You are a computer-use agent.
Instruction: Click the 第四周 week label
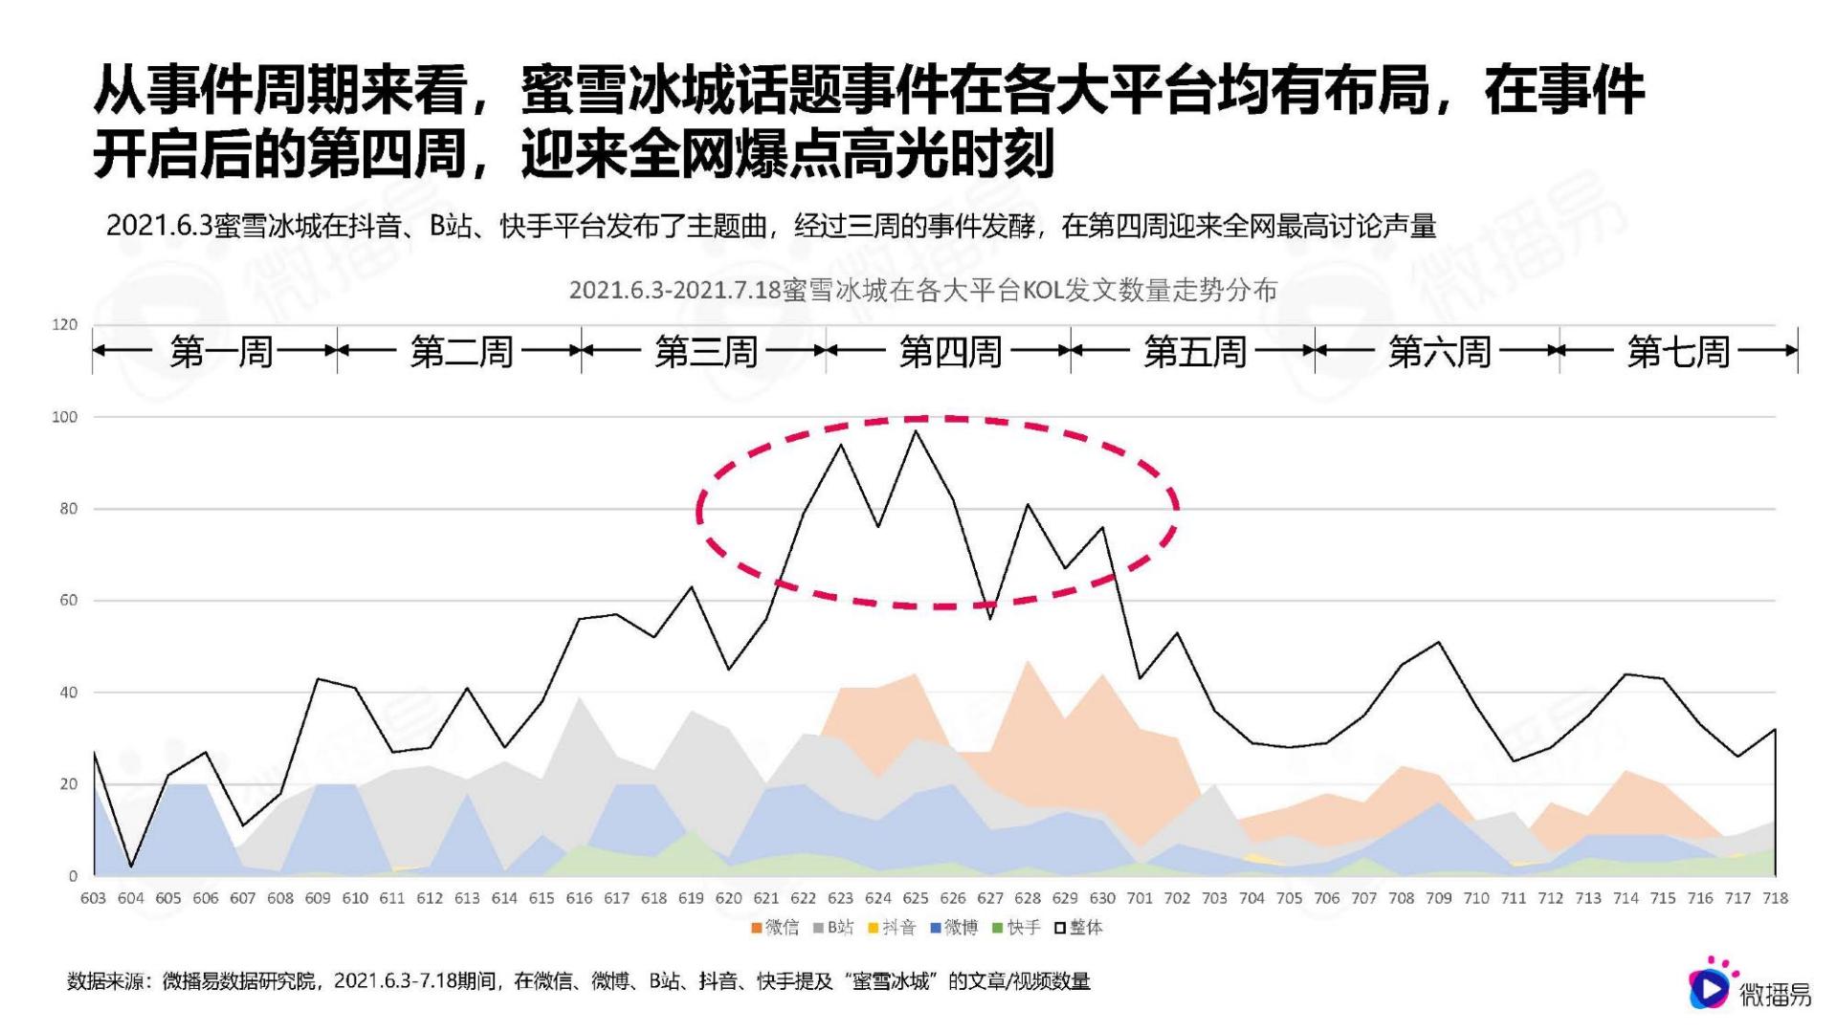pos(950,352)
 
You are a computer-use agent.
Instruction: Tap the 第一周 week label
pos(221,352)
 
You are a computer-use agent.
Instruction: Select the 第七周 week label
pos(1678,352)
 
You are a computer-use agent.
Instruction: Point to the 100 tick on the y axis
pos(65,417)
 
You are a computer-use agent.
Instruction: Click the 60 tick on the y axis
pos(68,601)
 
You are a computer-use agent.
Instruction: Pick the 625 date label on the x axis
pos(916,898)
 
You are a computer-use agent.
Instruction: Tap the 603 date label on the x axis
pos(94,898)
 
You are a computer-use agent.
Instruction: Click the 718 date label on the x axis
pos(1775,898)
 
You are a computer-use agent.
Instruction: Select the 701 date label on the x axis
pos(1140,898)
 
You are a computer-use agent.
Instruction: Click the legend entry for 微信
pos(776,927)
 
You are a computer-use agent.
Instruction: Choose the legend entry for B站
pos(834,927)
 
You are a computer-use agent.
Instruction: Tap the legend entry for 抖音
pos(893,927)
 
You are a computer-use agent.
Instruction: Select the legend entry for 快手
pos(1017,927)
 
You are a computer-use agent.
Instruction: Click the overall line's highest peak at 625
pos(916,431)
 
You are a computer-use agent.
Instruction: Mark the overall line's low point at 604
pos(131,867)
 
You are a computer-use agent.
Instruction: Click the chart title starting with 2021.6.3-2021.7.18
pos(922,290)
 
